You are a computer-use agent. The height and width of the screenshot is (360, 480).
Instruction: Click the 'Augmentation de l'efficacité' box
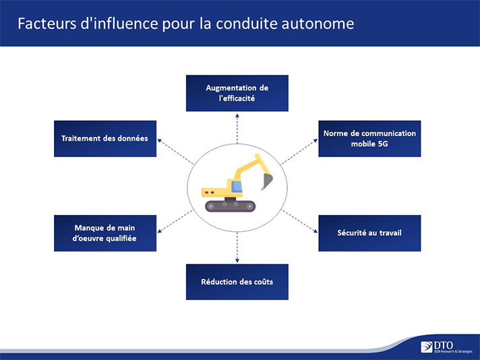pyautogui.click(x=237, y=93)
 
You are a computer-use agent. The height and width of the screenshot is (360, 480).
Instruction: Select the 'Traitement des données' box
pyautogui.click(x=105, y=139)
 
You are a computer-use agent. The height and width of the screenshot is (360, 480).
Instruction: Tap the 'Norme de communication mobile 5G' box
pyautogui.click(x=369, y=139)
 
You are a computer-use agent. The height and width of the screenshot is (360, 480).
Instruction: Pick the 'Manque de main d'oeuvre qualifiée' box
pyautogui.click(x=105, y=233)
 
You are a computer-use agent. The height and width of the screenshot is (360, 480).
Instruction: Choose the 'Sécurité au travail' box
pyautogui.click(x=369, y=233)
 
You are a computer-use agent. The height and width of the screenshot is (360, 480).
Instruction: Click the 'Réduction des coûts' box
pyautogui.click(x=237, y=282)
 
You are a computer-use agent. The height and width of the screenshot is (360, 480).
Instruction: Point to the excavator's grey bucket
pyautogui.click(x=267, y=181)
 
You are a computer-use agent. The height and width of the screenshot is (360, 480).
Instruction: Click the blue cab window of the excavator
pyautogui.click(x=237, y=187)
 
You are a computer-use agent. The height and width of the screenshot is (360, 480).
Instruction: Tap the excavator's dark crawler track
pyautogui.click(x=230, y=206)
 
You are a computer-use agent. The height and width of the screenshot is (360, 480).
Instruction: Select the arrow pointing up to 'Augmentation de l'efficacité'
pyautogui.click(x=237, y=129)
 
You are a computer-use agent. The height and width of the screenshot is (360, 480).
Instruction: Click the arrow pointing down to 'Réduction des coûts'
pyautogui.click(x=237, y=247)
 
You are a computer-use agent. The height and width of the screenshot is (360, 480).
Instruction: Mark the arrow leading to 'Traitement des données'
pyautogui.click(x=175, y=152)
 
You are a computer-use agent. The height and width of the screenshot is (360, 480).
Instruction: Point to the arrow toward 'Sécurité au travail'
pyautogui.click(x=299, y=221)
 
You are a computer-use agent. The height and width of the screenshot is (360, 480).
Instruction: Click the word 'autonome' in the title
pyautogui.click(x=318, y=24)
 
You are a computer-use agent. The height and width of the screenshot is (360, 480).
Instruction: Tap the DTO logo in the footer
pyautogui.click(x=446, y=347)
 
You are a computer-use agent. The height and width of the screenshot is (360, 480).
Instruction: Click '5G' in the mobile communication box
pyautogui.click(x=383, y=144)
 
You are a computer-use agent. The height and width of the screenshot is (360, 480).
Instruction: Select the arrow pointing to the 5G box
pyautogui.click(x=299, y=152)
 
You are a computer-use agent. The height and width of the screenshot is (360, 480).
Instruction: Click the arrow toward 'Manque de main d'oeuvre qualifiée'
pyautogui.click(x=175, y=221)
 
